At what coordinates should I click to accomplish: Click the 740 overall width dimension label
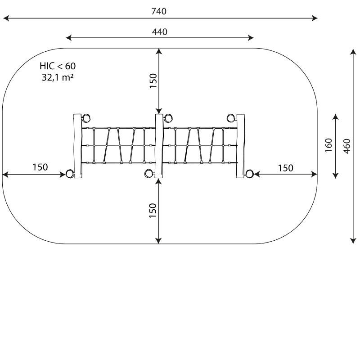159,11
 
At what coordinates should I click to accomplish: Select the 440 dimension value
160,32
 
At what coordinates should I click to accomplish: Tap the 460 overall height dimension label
347,146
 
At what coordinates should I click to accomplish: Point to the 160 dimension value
329,145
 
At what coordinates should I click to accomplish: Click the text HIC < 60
58,66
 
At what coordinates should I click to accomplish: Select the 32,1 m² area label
58,77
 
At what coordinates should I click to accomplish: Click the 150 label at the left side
40,167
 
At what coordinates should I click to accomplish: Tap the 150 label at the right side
286,168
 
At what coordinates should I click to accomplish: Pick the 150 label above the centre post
153,81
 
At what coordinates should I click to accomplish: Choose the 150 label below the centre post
153,211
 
